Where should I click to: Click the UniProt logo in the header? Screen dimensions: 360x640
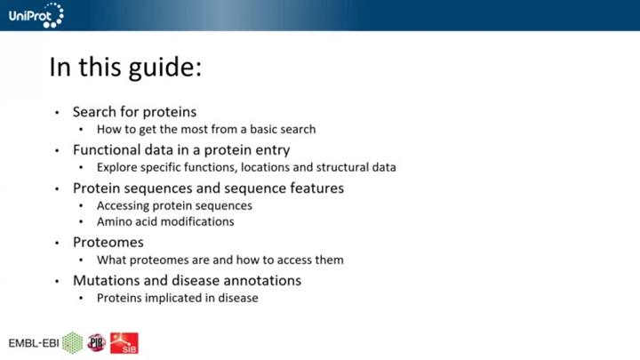(x=36, y=14)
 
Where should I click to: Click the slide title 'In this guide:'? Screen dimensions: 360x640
(x=125, y=68)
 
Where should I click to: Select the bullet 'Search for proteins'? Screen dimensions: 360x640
(x=134, y=112)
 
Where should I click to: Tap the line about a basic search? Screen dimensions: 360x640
(x=206, y=129)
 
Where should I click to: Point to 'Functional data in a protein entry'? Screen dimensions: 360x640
(x=181, y=150)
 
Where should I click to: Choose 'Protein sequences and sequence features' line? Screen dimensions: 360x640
(x=208, y=188)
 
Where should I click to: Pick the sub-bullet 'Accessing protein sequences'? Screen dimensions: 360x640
(x=174, y=205)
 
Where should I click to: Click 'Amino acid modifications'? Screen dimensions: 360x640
(x=165, y=221)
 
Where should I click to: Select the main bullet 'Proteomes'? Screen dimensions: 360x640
(x=108, y=242)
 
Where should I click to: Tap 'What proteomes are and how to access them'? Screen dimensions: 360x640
(x=220, y=260)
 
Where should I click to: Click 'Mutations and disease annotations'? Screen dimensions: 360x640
(x=187, y=280)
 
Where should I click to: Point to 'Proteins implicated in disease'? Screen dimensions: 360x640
(x=177, y=298)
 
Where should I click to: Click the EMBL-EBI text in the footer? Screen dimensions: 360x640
(x=33, y=343)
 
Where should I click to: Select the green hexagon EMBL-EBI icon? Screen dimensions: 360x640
(x=72, y=343)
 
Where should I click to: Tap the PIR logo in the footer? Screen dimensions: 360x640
(x=96, y=343)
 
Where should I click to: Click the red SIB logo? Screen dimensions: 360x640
(x=124, y=343)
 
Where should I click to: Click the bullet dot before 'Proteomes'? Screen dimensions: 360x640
(x=57, y=243)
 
